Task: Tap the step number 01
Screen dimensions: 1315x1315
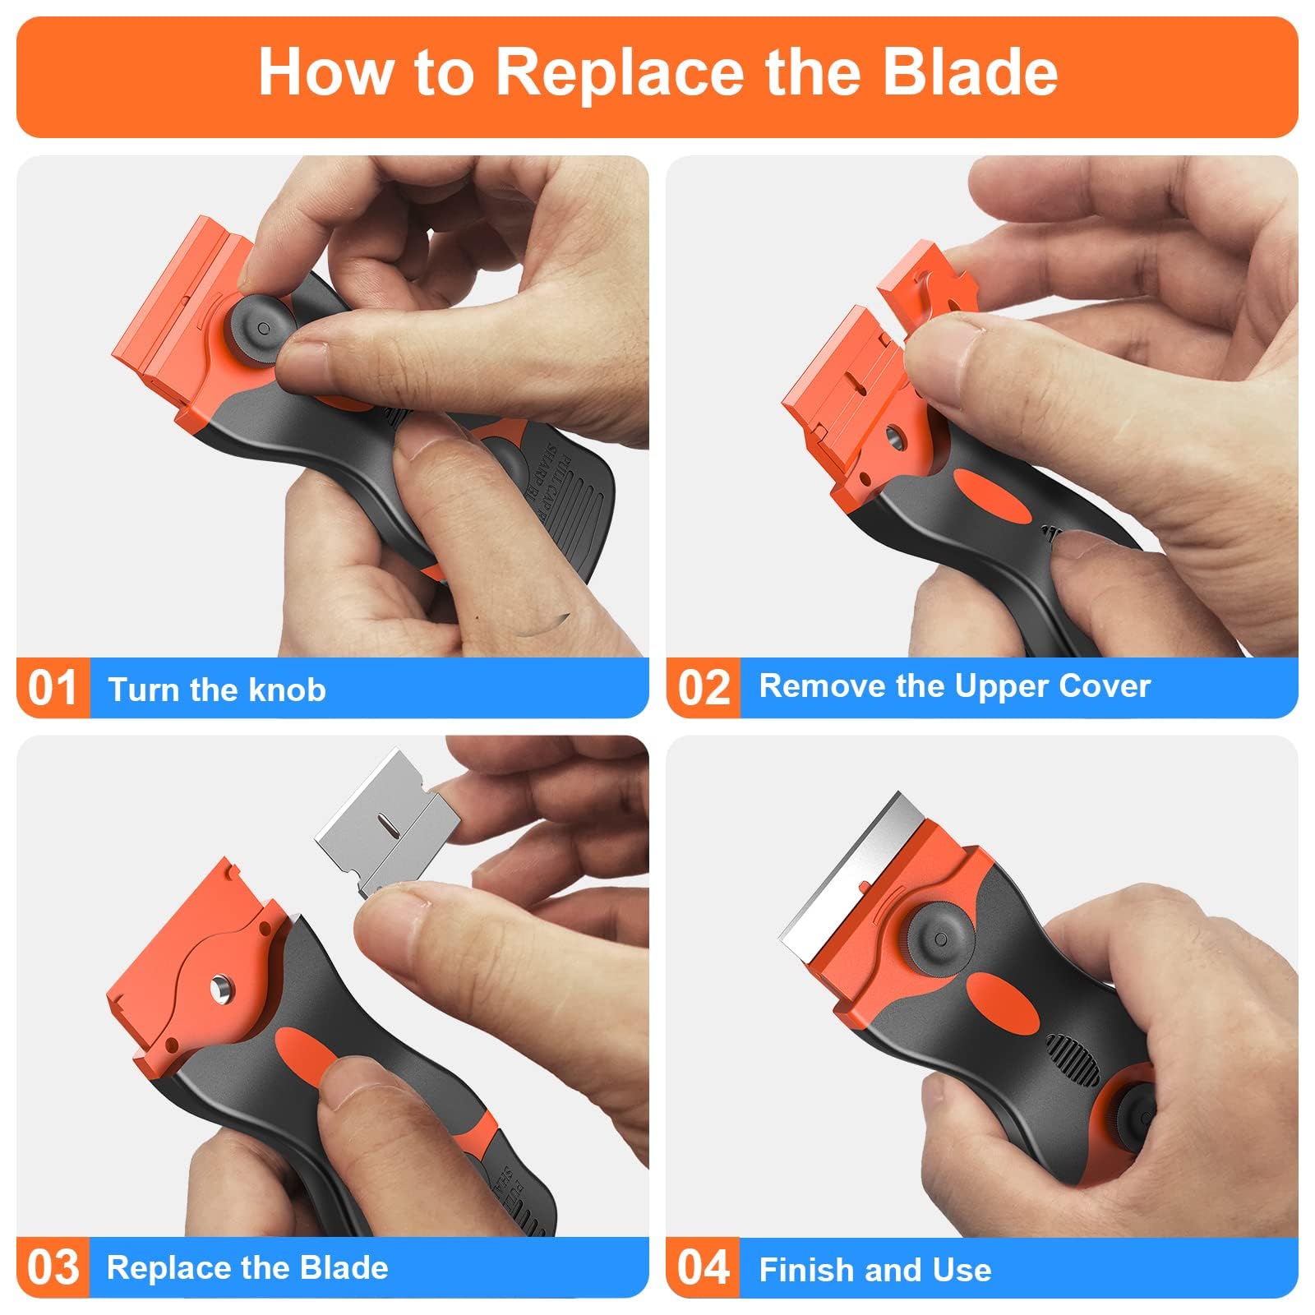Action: click(53, 689)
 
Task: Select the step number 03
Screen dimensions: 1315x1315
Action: click(53, 1267)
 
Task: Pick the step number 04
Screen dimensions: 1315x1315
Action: click(704, 1267)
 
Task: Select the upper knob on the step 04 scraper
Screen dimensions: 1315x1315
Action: click(940, 939)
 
